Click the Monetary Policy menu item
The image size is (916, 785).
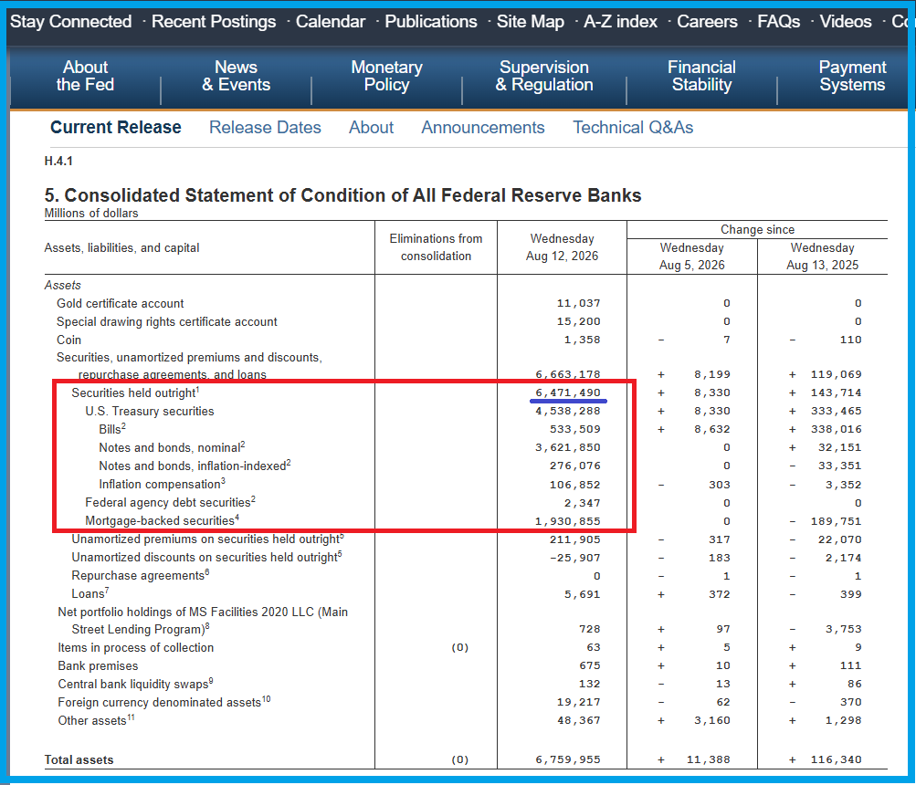386,76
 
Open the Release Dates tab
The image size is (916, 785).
265,127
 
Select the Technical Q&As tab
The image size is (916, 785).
633,127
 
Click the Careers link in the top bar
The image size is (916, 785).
707,22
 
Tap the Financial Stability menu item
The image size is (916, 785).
701,76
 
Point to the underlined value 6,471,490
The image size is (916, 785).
568,392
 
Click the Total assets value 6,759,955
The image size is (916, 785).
568,759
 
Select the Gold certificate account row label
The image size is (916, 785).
120,303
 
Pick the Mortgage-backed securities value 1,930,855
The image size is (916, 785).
568,521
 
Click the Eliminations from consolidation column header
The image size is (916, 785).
436,247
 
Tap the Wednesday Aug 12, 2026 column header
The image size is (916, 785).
562,247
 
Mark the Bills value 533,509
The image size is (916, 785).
574,429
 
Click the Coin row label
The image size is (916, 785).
68,340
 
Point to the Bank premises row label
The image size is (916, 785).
98,665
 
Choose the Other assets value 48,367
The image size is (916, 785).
578,720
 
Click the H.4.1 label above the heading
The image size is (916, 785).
58,162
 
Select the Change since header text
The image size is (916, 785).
757,229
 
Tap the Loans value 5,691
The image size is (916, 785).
582,594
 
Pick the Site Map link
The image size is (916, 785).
531,22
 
